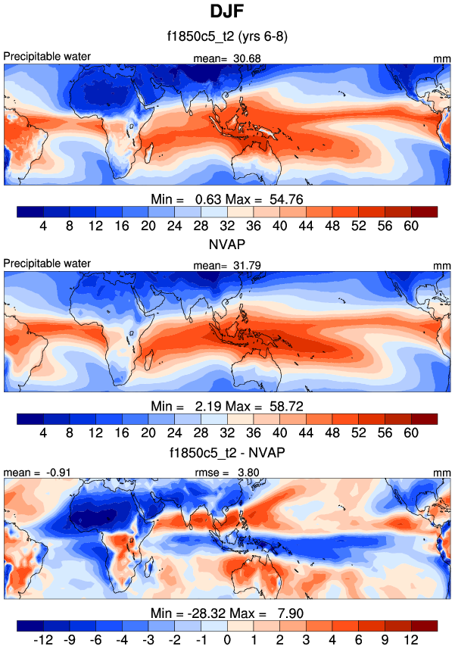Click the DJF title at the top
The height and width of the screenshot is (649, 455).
pos(227,12)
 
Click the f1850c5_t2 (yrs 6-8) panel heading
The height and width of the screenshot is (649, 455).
pos(227,36)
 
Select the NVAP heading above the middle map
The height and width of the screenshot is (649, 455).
pos(227,245)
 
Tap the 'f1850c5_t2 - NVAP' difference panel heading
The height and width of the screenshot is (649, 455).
pos(227,452)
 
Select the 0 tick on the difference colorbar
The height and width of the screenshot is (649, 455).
pos(226,641)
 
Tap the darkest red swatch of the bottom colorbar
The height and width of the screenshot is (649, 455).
pos(425,626)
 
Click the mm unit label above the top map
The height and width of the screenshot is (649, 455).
pos(442,58)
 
